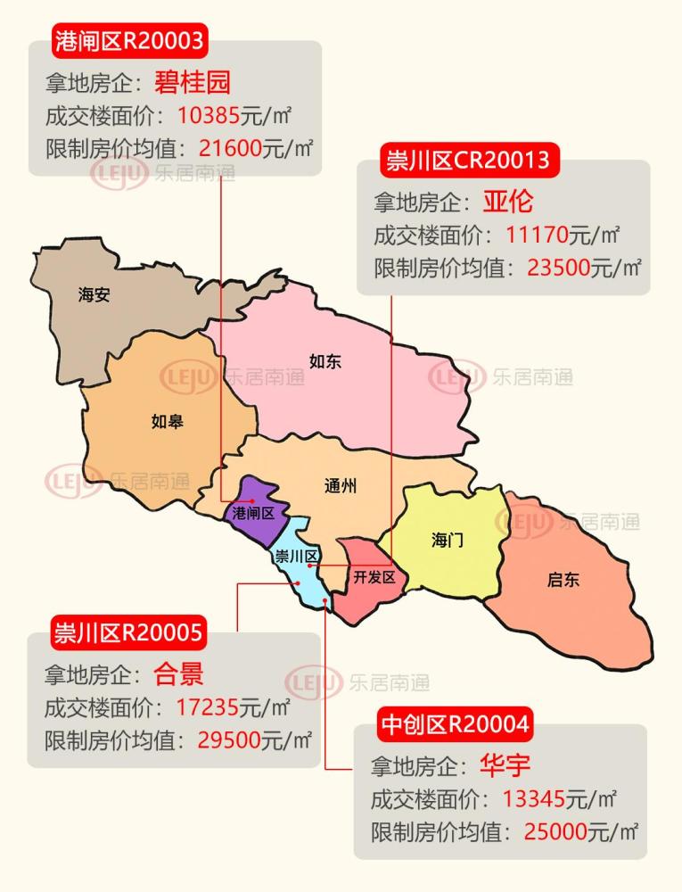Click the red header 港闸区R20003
(x=130, y=39)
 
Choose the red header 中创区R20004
(x=456, y=723)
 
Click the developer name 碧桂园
(x=193, y=82)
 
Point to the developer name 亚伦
(x=508, y=202)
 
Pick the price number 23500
(x=559, y=268)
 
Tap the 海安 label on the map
(x=94, y=295)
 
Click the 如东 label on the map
(x=325, y=361)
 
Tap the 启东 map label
(x=563, y=580)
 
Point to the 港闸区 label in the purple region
(x=253, y=513)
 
